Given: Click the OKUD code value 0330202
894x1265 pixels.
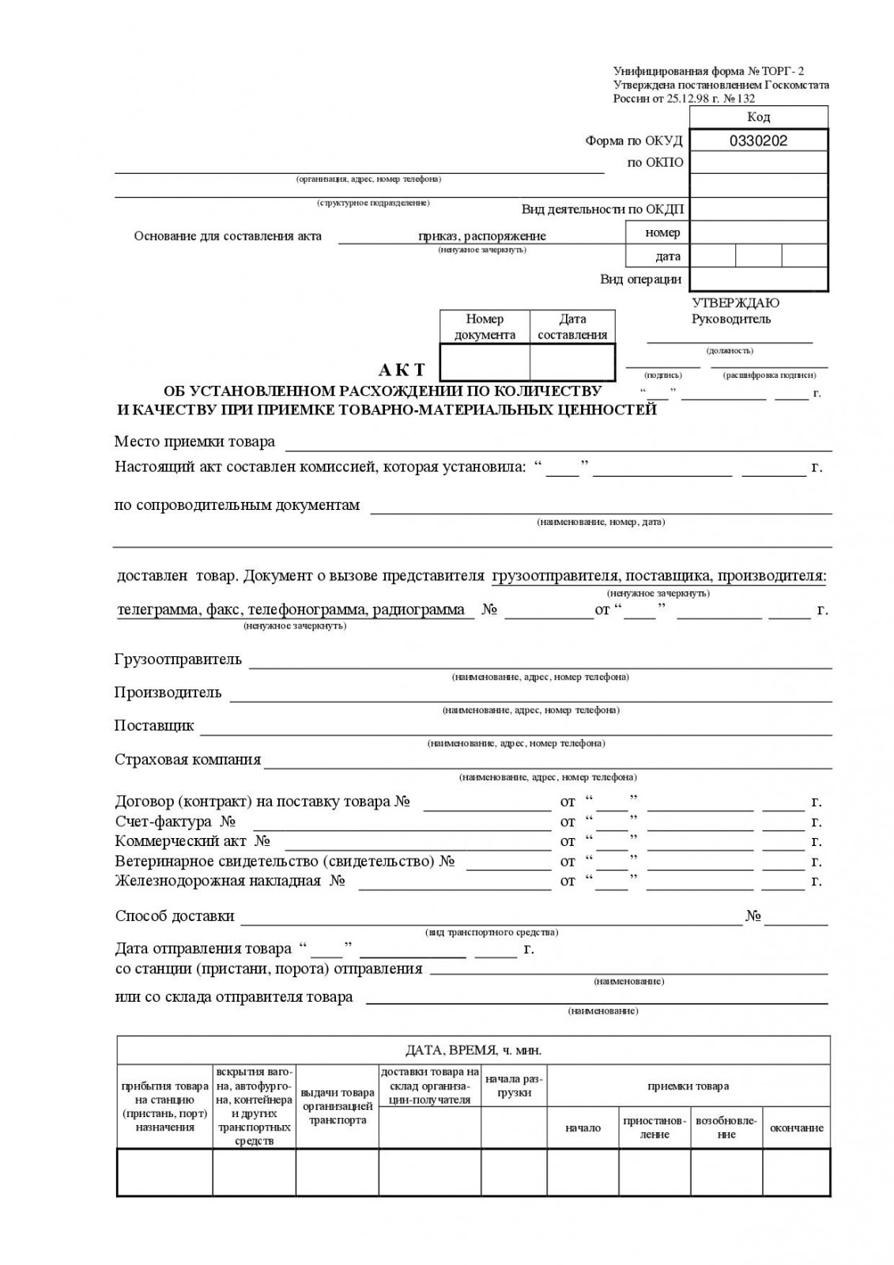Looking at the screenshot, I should tap(758, 141).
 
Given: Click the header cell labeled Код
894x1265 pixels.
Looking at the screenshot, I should tap(758, 117).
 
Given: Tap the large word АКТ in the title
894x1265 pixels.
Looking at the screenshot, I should tap(402, 370).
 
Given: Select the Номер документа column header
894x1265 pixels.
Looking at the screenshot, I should tap(485, 327).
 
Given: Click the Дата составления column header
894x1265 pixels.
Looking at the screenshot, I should tap(572, 327).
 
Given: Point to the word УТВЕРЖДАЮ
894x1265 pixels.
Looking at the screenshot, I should tap(735, 303).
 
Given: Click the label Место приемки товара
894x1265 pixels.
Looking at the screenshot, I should tap(194, 441).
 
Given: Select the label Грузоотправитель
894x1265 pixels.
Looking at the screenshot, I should tap(178, 659).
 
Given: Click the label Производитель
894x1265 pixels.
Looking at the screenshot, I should tap(168, 693).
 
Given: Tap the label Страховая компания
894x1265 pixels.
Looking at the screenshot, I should tap(187, 760).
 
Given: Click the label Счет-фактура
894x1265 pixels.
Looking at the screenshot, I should tap(164, 821).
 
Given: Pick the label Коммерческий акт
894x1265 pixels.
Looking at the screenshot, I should tap(181, 841).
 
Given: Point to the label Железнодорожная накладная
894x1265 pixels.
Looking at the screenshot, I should tap(218, 881).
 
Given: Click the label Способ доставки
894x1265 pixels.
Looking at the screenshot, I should tap(175, 916).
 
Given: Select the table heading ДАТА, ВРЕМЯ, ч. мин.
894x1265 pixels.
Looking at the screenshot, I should tap(473, 1051).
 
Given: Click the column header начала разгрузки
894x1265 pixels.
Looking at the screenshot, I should tap(514, 1086).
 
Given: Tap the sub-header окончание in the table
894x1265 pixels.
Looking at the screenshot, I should tap(796, 1128).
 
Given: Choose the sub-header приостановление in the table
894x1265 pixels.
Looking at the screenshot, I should tap(654, 1128).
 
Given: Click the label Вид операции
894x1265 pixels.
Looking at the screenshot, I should tap(640, 279).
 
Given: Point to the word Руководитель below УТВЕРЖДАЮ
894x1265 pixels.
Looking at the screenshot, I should tap(730, 319).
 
